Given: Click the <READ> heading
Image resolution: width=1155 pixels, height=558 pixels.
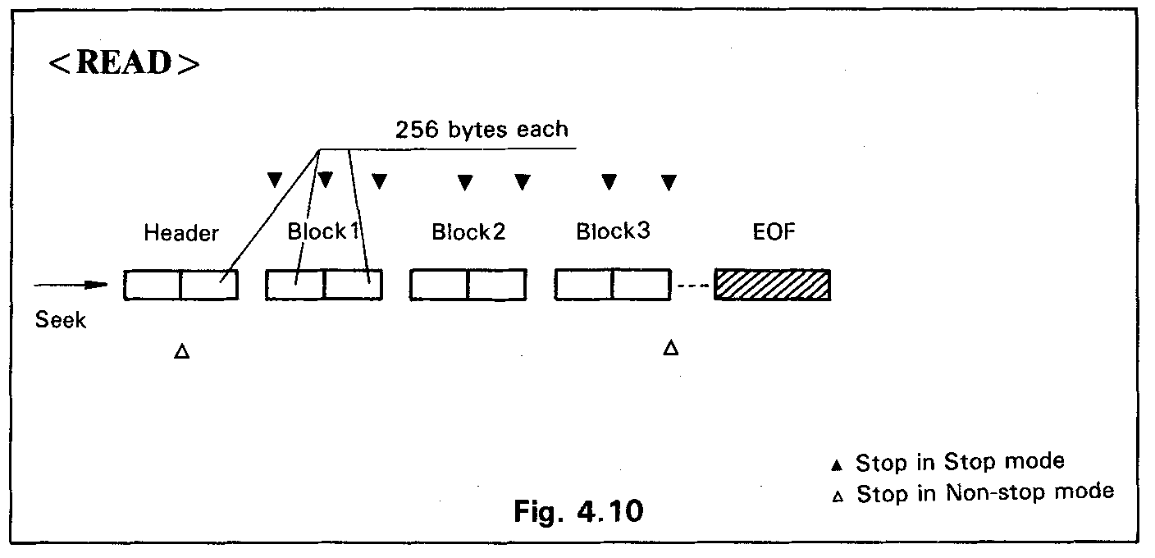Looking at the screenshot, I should pyautogui.click(x=124, y=65).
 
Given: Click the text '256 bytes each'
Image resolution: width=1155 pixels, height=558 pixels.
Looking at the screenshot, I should pyautogui.click(x=482, y=130).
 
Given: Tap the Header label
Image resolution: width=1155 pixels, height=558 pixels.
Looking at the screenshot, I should pyautogui.click(x=181, y=233).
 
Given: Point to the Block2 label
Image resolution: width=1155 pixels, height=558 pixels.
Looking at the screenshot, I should pyautogui.click(x=468, y=232).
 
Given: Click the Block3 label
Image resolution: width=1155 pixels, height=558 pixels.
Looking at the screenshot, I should pyautogui.click(x=613, y=231).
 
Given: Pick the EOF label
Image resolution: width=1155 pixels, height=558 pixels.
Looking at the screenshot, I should pyautogui.click(x=773, y=232).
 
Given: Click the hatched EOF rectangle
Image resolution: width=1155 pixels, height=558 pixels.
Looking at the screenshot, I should pyautogui.click(x=773, y=284).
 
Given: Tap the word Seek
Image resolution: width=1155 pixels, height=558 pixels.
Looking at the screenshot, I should pyautogui.click(x=61, y=320).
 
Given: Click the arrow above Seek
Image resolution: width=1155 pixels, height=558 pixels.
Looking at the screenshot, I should pyautogui.click(x=71, y=285).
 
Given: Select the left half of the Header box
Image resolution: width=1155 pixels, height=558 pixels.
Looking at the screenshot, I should pyautogui.click(x=153, y=285).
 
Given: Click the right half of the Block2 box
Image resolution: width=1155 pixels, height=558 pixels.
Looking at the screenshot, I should pyautogui.click(x=496, y=285).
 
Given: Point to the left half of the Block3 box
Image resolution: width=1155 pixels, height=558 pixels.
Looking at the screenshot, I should pyautogui.click(x=583, y=285).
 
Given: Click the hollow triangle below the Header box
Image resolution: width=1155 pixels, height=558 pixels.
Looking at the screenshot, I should pyautogui.click(x=182, y=352).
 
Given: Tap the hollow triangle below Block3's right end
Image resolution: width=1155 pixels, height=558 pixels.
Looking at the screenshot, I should pyautogui.click(x=670, y=349).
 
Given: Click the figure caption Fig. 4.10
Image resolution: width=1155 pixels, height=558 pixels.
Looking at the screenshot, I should pyautogui.click(x=578, y=511).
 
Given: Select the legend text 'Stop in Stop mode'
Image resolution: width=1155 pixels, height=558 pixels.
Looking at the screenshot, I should pyautogui.click(x=960, y=462).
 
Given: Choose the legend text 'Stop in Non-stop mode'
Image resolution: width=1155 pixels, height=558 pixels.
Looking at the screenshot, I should pyautogui.click(x=985, y=493).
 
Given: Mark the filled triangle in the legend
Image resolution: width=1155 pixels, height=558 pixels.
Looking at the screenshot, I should pyautogui.click(x=837, y=464).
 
